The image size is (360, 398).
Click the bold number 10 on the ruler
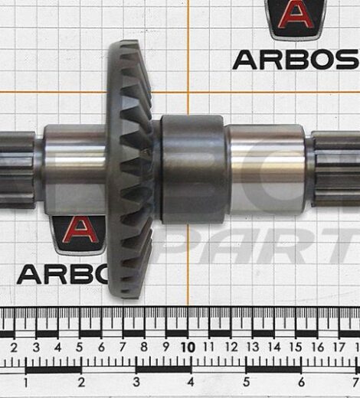coord(186,347)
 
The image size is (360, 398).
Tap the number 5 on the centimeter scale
coord(80,347)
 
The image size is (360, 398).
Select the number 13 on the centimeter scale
coord(252,347)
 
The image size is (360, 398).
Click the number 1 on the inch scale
coord(27,381)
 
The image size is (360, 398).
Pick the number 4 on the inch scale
coord(190,381)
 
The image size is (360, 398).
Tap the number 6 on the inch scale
coord(300,381)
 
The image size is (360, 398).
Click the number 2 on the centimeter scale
coord(15,347)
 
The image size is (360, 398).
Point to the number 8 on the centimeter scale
coord(144,347)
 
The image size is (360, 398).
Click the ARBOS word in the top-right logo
coord(296,59)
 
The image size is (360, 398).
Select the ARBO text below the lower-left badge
coord(57,273)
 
